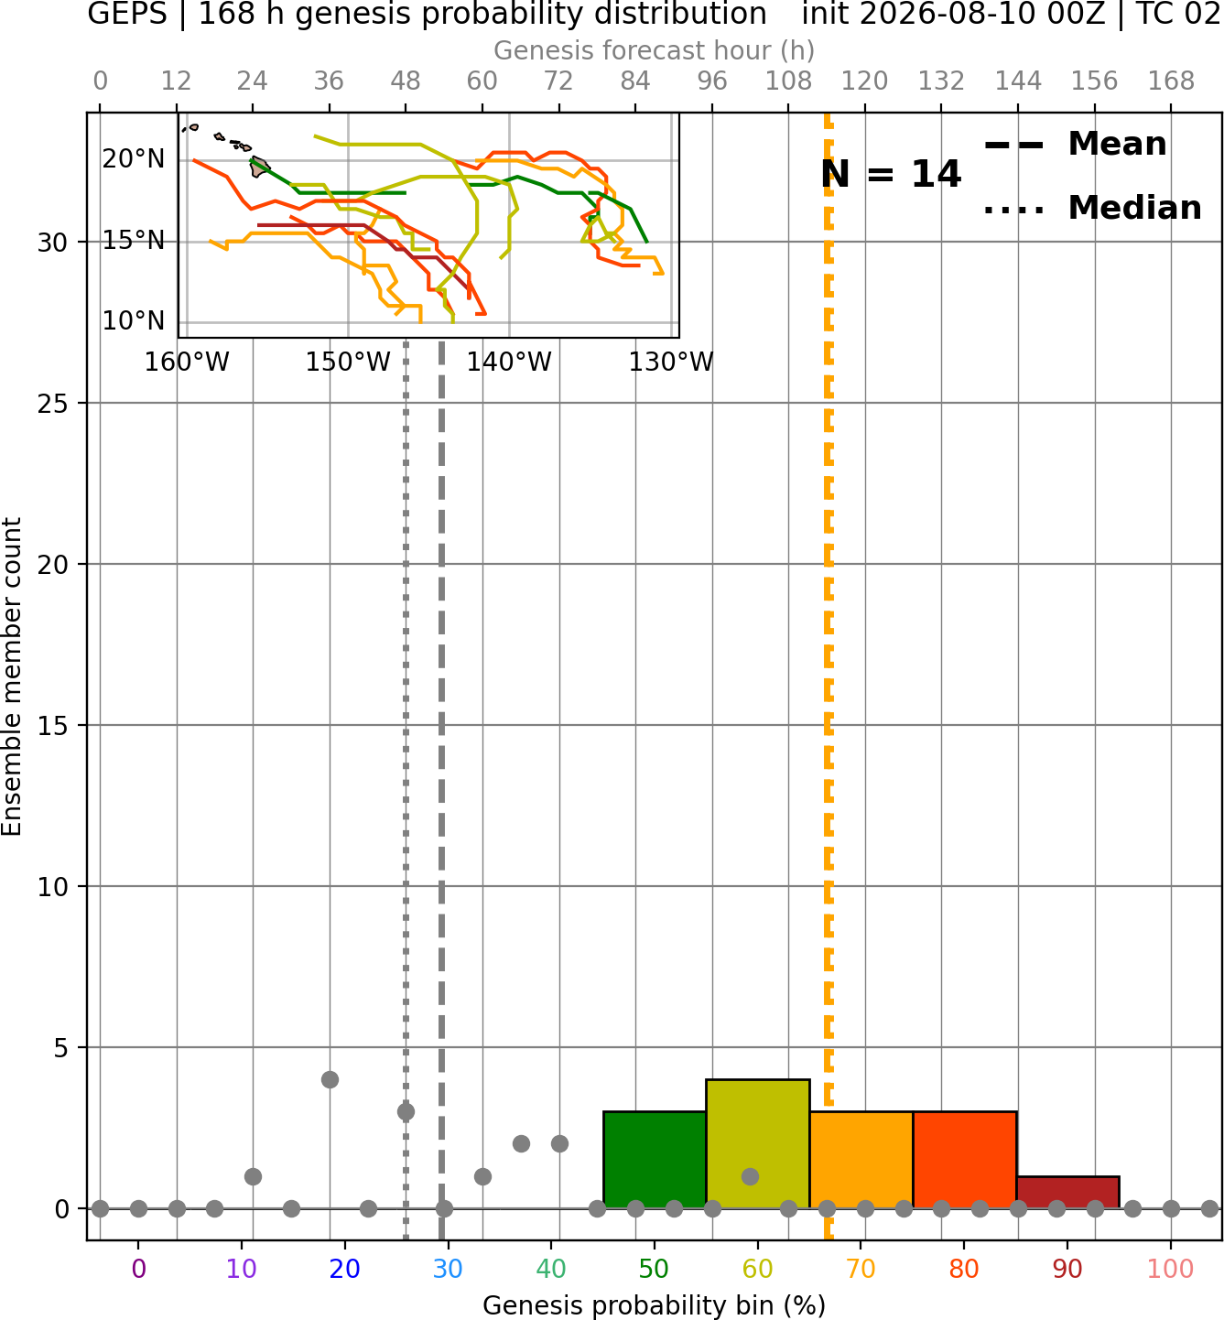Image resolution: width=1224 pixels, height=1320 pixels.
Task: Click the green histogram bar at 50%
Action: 655,1160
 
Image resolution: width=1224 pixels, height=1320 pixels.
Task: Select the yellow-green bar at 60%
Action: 758,1143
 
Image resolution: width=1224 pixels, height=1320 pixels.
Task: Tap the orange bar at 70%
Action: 861,1160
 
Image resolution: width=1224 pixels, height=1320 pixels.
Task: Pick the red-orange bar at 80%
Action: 965,1160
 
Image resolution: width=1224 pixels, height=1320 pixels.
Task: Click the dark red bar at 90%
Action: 1068,1193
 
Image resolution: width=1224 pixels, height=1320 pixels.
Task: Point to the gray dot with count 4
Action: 330,1079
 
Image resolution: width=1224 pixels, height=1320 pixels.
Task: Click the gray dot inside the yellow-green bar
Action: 750,1176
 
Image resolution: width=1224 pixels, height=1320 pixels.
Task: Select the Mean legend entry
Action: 1075,145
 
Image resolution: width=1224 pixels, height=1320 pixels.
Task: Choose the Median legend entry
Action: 1093,208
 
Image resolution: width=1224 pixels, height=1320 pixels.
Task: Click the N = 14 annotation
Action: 891,174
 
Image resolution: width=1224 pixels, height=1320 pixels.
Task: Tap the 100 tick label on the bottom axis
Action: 1171,1269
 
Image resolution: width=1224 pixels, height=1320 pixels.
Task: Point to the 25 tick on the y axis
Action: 52,404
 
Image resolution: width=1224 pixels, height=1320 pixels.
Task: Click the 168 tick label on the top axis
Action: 1172,81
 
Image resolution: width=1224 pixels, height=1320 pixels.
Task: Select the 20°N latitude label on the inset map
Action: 133,159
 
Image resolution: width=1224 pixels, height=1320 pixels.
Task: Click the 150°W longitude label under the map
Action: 348,362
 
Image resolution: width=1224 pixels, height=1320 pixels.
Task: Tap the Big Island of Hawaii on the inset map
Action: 259,167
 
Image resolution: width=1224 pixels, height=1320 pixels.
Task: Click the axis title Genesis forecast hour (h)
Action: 655,50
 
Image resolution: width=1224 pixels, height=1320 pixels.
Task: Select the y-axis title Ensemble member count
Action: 11,676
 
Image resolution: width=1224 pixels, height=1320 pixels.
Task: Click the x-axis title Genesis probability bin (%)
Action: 655,1305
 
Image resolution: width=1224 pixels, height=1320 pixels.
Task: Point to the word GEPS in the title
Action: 127,14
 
